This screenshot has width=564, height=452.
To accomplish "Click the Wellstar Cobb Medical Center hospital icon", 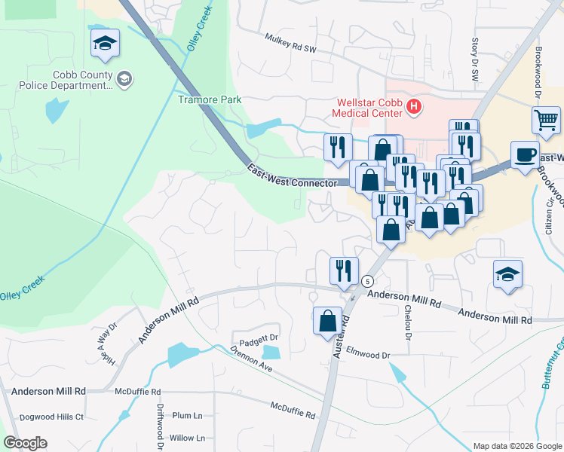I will (x=413, y=107).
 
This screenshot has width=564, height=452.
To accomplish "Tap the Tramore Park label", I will (x=208, y=99).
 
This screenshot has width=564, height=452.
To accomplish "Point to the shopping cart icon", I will (x=546, y=120).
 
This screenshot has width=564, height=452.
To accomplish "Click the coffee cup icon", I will (x=526, y=154).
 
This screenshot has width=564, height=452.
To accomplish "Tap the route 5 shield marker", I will (x=367, y=281).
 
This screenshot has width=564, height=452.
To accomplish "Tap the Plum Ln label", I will (x=188, y=415).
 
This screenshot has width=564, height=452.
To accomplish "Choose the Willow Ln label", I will (x=187, y=438).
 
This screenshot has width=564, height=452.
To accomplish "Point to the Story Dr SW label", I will (x=474, y=55).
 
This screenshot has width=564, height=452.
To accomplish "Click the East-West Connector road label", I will (x=291, y=177).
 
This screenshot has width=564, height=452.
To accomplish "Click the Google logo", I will (x=25, y=443).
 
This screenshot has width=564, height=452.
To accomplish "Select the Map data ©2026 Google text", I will (x=516, y=446).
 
